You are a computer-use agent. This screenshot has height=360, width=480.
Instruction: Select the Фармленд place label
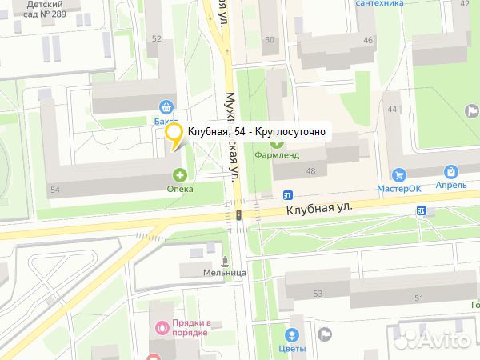tap(277, 154)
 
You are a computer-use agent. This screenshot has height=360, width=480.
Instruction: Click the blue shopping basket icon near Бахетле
tap(166, 106)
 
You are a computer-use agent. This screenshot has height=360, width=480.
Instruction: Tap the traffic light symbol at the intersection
tap(238, 215)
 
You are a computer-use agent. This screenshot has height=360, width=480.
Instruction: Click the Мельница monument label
tap(224, 272)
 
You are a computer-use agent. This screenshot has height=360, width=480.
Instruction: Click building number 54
tap(55, 190)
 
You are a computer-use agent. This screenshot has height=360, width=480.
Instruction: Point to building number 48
tap(310, 171)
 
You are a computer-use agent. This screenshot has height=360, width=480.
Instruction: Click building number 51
tap(418, 298)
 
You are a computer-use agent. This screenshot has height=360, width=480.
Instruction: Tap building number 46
tap(367, 40)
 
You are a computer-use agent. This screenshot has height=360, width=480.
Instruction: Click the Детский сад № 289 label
tap(46, 9)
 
